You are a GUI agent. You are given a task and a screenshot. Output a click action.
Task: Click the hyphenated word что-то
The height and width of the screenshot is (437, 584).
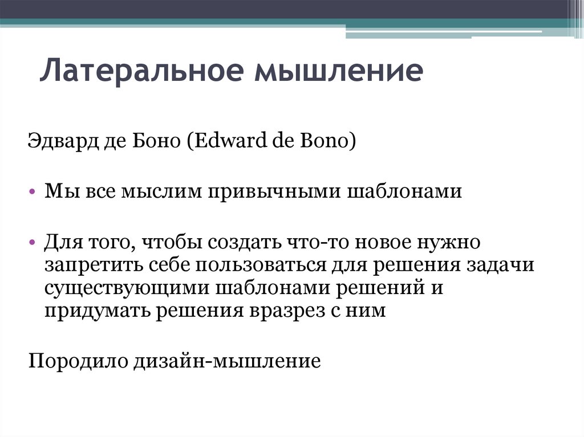tap(317, 242)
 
